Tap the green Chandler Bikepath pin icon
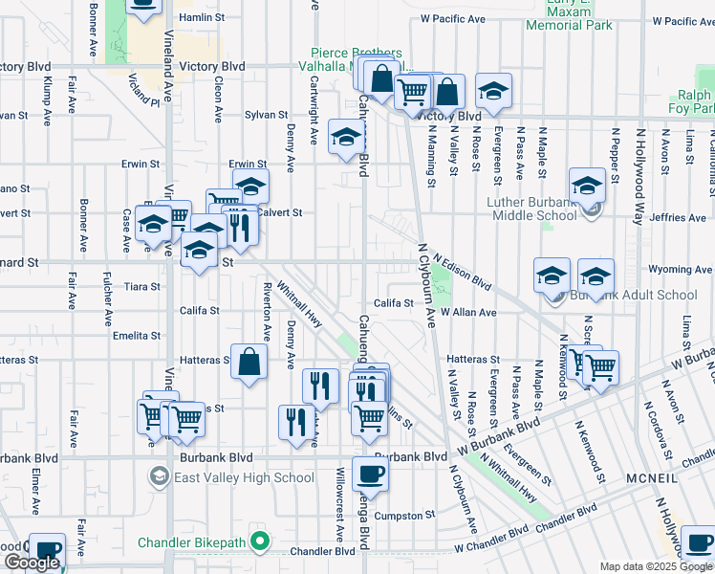(257, 542)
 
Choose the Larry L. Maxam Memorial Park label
(571, 18)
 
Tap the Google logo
(32, 563)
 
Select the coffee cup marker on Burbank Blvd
(370, 474)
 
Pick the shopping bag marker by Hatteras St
(249, 364)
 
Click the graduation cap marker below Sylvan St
(346, 137)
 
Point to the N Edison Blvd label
(462, 272)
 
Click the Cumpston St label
(405, 516)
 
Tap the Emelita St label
(136, 336)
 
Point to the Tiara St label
(141, 286)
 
